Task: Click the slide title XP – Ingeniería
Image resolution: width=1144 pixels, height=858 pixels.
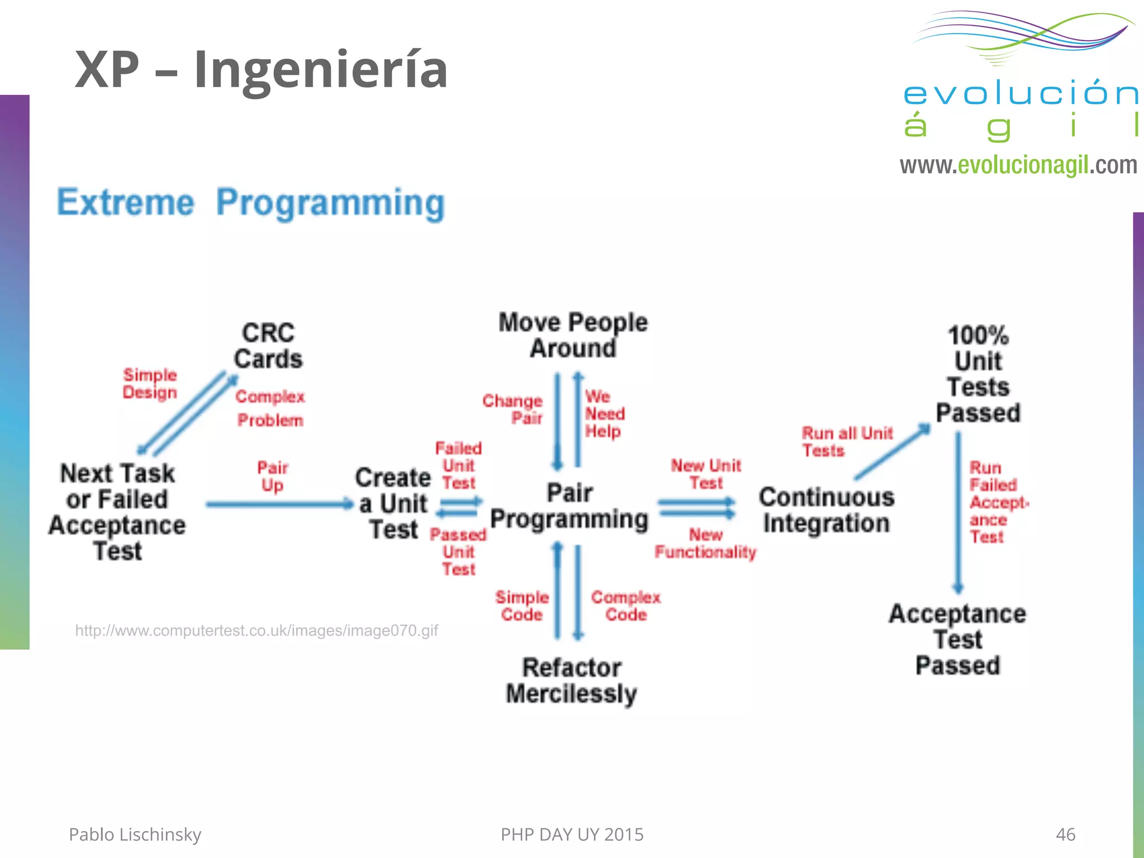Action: pyautogui.click(x=261, y=70)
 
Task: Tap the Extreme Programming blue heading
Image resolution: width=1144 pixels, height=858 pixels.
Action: pyautogui.click(x=251, y=203)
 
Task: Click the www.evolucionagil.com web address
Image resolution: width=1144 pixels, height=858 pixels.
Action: pyautogui.click(x=1018, y=165)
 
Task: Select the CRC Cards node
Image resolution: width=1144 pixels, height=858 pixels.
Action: pyautogui.click(x=268, y=346)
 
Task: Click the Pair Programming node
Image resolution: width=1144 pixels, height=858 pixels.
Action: pyautogui.click(x=569, y=506)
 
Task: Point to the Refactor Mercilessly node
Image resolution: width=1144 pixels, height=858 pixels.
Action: pyautogui.click(x=571, y=680)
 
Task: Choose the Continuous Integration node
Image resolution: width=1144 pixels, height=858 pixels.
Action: pyautogui.click(x=826, y=510)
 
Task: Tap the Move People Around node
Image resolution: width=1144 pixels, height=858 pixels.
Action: pyautogui.click(x=573, y=335)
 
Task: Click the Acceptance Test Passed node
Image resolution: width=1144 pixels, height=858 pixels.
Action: pyautogui.click(x=957, y=640)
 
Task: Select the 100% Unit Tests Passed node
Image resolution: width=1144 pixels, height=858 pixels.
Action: pyautogui.click(x=978, y=374)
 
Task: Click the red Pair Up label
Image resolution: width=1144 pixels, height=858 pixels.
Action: pyautogui.click(x=272, y=476)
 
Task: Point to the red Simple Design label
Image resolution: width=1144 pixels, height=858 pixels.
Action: pyautogui.click(x=150, y=384)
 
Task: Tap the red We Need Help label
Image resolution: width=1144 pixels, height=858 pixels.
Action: pyautogui.click(x=604, y=414)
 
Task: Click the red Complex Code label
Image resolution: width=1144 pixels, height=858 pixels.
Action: pyautogui.click(x=626, y=606)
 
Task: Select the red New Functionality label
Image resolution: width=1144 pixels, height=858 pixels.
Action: pyautogui.click(x=706, y=544)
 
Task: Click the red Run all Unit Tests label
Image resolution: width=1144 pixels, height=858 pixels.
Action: pyautogui.click(x=846, y=441)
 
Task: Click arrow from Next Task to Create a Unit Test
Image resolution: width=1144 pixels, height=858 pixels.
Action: pyautogui.click(x=279, y=504)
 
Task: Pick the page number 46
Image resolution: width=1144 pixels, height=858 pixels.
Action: pyautogui.click(x=1065, y=835)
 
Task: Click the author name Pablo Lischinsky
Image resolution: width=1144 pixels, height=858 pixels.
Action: pyautogui.click(x=135, y=835)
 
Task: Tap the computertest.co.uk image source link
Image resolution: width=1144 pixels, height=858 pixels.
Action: pyautogui.click(x=256, y=631)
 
